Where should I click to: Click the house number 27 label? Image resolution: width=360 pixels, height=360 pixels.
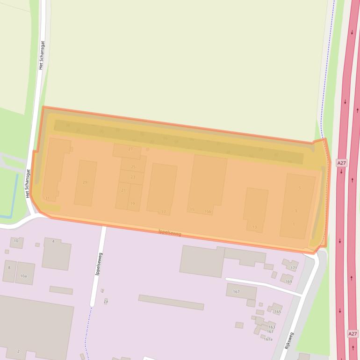click(130, 149)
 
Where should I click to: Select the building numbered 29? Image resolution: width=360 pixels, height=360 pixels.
click(85, 183)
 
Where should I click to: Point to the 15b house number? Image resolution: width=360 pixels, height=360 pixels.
click(208, 211)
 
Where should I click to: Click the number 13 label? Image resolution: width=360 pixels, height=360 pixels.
click(254, 227)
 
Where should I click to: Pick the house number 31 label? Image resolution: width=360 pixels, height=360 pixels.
click(47, 198)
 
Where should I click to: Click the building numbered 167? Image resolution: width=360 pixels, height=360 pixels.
click(241, 291)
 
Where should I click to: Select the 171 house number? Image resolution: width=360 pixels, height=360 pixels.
click(294, 268)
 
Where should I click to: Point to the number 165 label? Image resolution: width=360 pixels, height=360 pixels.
click(278, 312)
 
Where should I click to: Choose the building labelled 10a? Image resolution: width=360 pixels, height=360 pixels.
click(25, 274)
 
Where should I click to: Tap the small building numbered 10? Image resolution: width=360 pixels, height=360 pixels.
click(16, 242)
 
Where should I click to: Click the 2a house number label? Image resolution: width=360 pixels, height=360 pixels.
click(106, 302)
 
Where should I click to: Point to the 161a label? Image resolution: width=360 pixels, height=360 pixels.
click(268, 339)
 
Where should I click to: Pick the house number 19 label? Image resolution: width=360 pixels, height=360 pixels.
click(132, 203)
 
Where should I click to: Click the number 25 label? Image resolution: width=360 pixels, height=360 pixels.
click(133, 167)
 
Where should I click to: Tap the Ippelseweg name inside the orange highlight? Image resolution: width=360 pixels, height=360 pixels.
click(170, 232)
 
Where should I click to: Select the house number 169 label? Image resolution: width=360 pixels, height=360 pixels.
click(288, 281)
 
